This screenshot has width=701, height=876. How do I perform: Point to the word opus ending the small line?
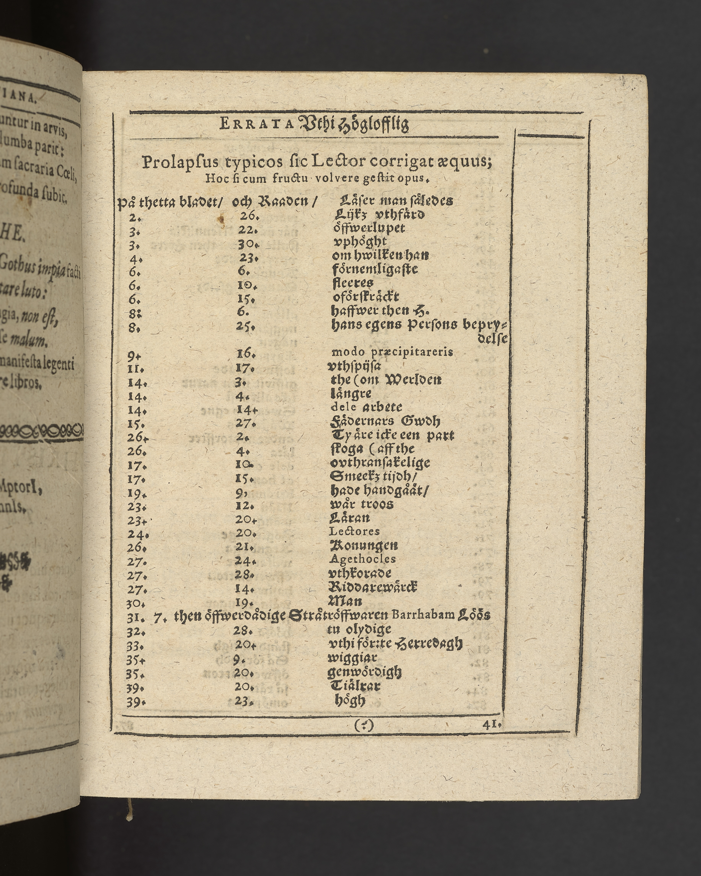click(414, 178)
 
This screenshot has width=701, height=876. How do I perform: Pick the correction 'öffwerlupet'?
click(369, 228)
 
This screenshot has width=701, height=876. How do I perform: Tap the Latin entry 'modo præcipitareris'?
click(392, 352)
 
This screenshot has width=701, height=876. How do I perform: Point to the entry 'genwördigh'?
click(365, 672)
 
